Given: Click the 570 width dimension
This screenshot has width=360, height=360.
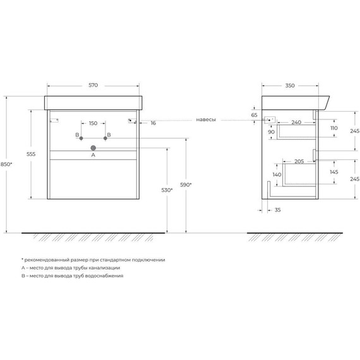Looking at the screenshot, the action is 93,85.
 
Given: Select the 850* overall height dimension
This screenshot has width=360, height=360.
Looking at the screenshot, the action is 6,164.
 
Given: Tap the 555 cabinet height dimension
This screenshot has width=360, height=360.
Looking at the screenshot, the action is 31,154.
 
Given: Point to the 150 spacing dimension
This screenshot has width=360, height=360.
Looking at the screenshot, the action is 93,123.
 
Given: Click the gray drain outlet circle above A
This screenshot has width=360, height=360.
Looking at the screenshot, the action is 93,148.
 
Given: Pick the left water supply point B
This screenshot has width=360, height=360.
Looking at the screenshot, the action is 81,138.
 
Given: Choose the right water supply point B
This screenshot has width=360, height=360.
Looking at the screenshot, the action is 105,138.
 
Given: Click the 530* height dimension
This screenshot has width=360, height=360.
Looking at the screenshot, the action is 167,190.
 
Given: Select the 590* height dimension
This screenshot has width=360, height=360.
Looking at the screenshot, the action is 186,184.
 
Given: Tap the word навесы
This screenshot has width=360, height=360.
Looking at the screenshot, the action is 206,119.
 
